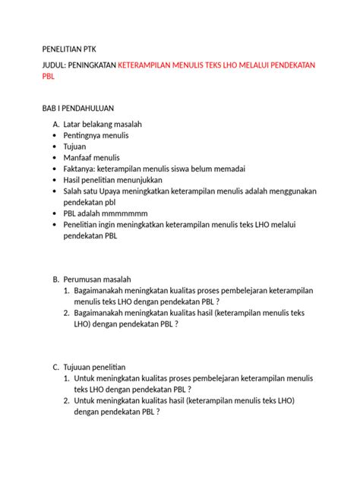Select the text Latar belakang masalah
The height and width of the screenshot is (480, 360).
pos(103,124)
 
